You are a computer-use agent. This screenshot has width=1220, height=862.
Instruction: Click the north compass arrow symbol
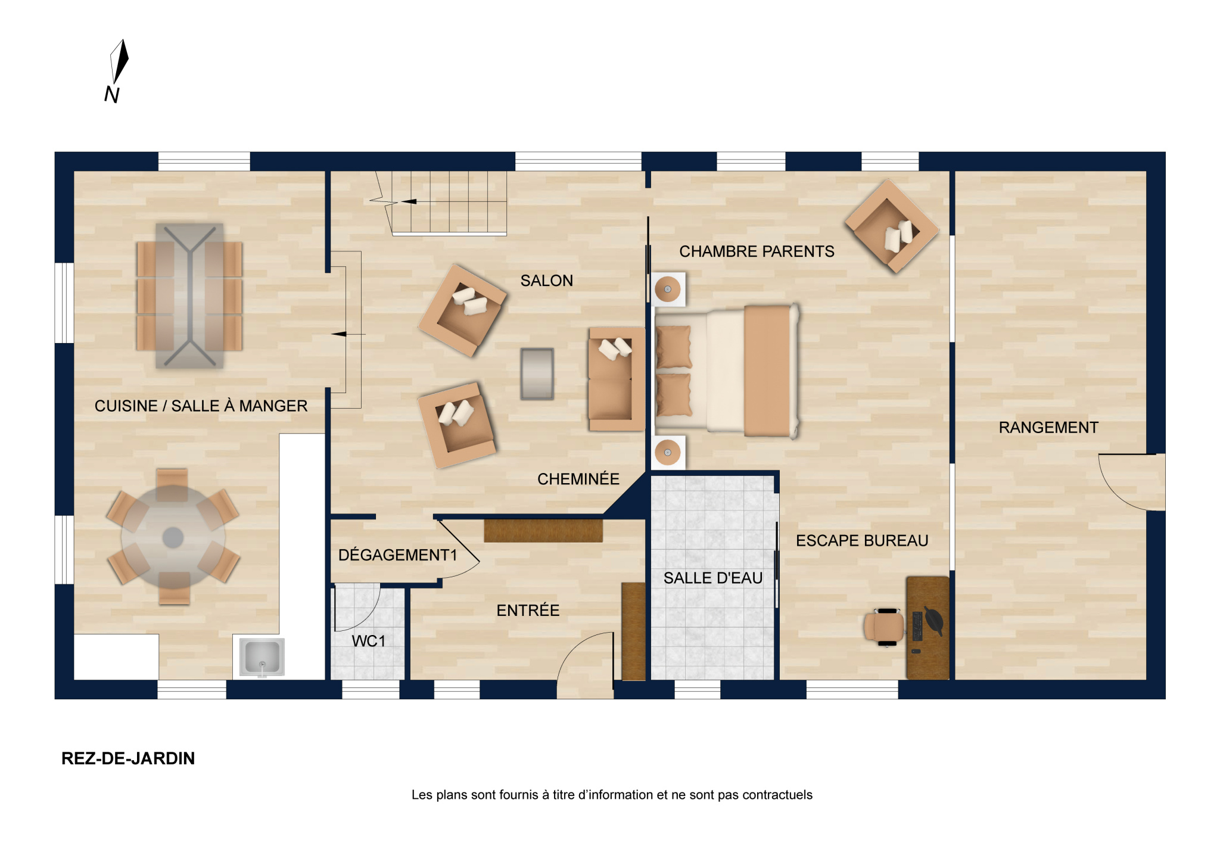[x=119, y=61]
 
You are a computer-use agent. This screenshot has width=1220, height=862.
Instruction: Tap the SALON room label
[x=546, y=281]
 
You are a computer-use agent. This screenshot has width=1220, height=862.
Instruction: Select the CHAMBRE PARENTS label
[x=757, y=251]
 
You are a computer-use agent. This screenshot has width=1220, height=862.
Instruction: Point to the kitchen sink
[x=262, y=657]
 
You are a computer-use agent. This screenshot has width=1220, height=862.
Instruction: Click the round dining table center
[x=173, y=537]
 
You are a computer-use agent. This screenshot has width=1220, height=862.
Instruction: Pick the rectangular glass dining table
[x=189, y=295]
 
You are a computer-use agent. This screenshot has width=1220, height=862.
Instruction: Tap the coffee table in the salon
[x=537, y=374]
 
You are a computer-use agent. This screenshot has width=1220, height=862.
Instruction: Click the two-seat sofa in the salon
[x=616, y=379]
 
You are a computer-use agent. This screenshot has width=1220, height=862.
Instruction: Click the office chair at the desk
[x=885, y=627]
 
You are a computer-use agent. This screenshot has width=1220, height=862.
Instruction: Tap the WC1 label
[x=368, y=641]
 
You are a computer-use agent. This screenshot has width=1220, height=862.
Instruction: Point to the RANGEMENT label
[x=1048, y=427]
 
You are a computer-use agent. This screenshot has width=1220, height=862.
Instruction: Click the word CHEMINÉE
[x=578, y=479]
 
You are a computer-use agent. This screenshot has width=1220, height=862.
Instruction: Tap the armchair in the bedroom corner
[x=891, y=226]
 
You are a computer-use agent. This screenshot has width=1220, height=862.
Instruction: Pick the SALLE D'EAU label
[x=713, y=578]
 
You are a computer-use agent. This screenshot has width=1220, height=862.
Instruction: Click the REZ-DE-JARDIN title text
[x=128, y=758]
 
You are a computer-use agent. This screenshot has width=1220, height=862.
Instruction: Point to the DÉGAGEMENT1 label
[x=397, y=555]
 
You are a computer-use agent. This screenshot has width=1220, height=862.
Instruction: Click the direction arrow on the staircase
[x=409, y=201]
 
